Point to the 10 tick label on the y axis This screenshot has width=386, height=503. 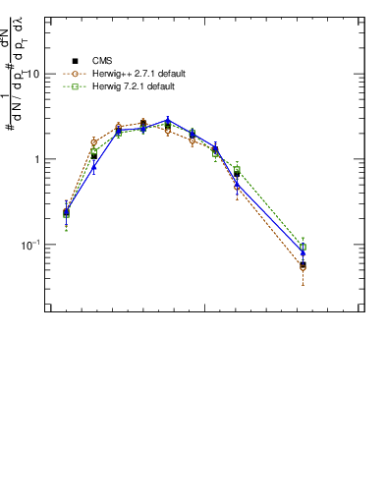33,75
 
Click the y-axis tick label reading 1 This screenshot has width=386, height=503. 37,159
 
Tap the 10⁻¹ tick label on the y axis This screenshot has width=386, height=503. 29,244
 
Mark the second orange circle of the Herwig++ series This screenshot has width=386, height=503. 94,142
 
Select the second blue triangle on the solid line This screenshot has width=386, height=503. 94,167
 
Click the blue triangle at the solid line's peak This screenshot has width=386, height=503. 168,121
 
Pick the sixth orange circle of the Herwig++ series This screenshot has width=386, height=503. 193,137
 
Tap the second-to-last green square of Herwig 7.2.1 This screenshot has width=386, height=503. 238,169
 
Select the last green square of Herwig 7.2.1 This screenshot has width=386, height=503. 303,247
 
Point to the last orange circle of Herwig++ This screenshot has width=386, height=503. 303,267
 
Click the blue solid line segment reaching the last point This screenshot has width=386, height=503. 270,219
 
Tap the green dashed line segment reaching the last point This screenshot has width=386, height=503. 270,208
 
